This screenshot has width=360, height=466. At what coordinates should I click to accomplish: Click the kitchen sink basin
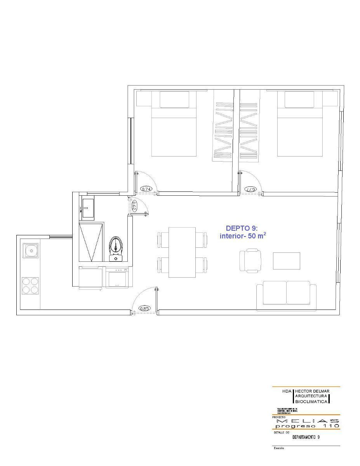coord(30,251)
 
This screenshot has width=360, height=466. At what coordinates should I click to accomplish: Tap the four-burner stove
coord(30,285)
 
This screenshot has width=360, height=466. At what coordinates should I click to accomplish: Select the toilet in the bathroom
coord(116,248)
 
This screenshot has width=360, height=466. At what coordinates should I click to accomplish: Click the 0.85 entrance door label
coord(144,308)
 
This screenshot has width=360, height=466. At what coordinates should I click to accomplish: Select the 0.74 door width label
coord(146,189)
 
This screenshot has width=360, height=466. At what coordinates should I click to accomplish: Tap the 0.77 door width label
coord(251,189)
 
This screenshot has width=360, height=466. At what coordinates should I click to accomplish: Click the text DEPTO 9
coord(240,228)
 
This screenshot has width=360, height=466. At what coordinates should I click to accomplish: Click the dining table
coord(182,252)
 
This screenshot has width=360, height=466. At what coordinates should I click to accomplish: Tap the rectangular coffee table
coord(286,261)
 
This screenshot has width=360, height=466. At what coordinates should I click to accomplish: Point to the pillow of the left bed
coord(174,99)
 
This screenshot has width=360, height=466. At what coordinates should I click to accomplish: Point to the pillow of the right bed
coord(299,99)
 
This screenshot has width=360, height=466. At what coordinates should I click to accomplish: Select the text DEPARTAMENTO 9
coord(306,437)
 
